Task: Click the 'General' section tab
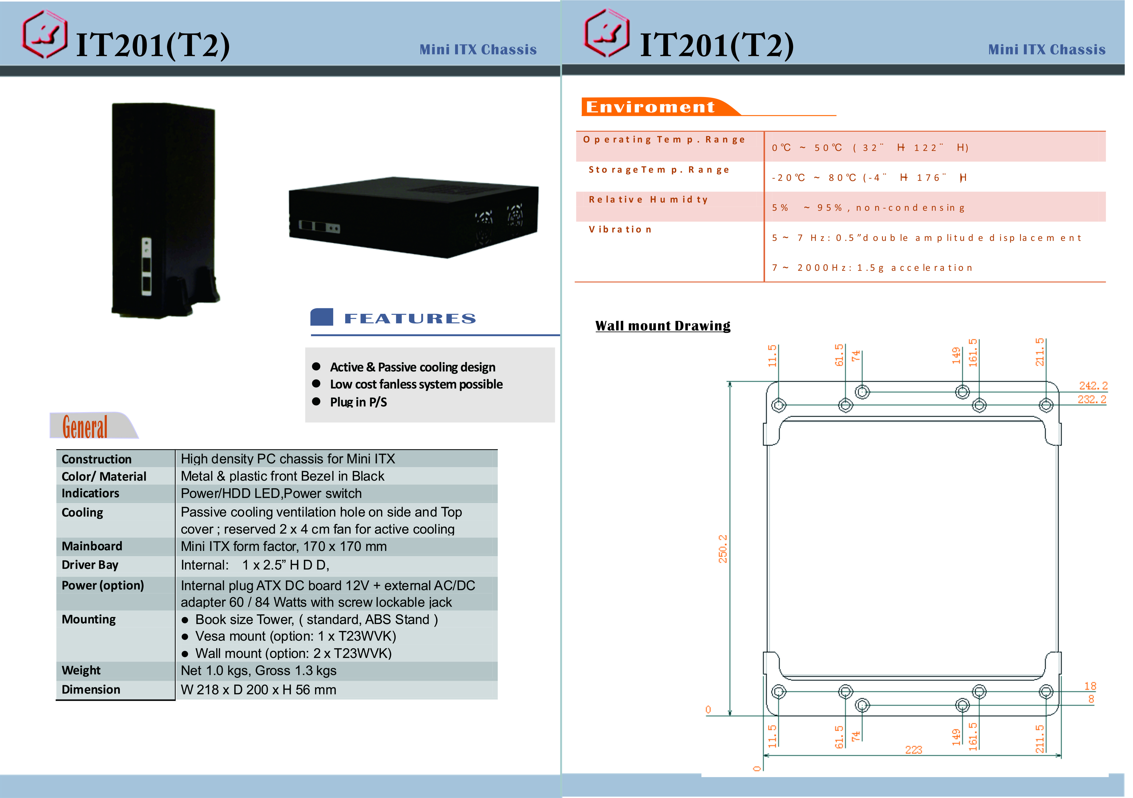point(85,427)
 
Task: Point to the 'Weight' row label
point(81,670)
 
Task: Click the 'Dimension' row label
point(91,689)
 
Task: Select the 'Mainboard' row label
point(92,546)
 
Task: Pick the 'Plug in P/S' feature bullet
point(358,402)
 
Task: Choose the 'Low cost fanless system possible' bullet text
point(416,384)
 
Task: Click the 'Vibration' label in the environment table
point(620,230)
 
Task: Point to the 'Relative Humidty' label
point(648,199)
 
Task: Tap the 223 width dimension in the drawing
point(913,750)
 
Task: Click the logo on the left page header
point(44,35)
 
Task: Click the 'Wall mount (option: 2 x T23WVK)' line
point(293,653)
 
